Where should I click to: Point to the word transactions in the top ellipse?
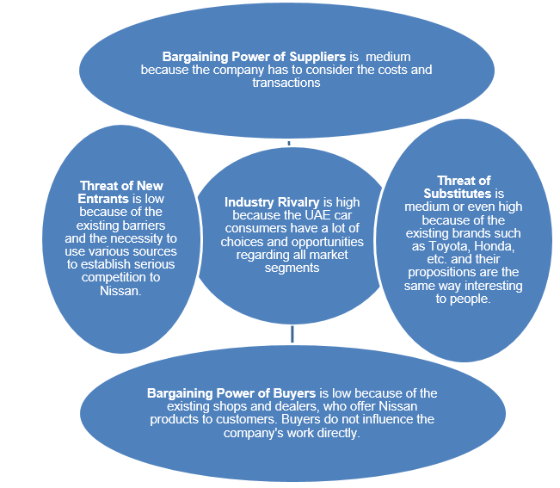pos(286,83)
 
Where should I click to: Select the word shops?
pos(237,406)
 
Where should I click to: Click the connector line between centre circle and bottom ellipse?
pos(292,332)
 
